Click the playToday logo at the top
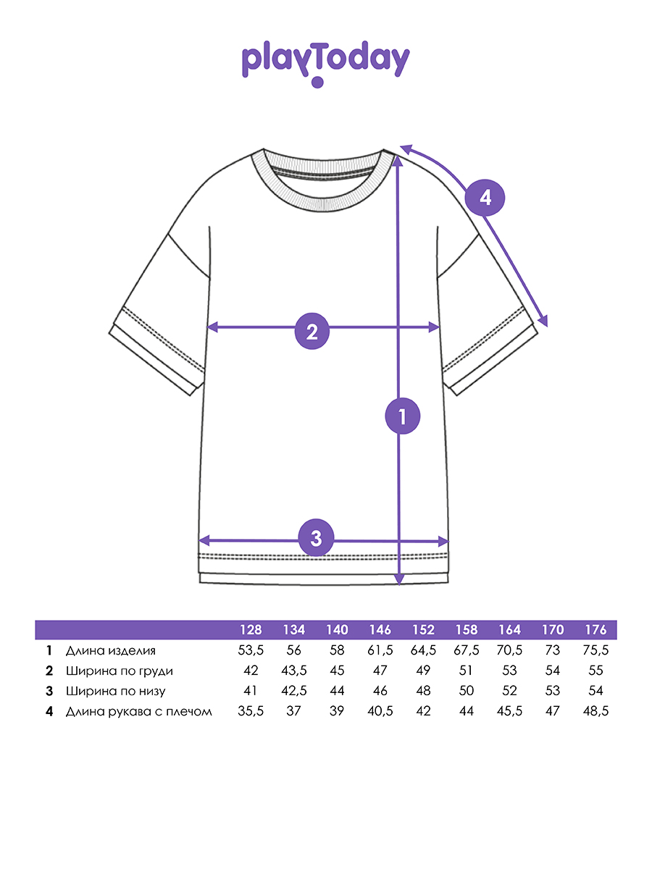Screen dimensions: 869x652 point(325,62)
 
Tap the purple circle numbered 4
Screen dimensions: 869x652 point(485,197)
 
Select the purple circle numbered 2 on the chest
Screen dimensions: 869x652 point(312,332)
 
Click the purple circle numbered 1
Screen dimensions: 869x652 point(403,416)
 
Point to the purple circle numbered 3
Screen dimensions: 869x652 point(316,538)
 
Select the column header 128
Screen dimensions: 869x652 point(251,630)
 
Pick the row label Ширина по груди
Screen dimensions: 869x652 point(119,671)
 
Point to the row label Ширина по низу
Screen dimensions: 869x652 point(115,691)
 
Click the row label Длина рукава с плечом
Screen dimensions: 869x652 point(138,711)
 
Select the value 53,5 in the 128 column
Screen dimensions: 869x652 point(251,650)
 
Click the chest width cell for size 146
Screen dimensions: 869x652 point(380,671)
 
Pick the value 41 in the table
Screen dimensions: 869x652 point(251,691)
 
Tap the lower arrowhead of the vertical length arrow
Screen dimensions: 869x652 point(398,579)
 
